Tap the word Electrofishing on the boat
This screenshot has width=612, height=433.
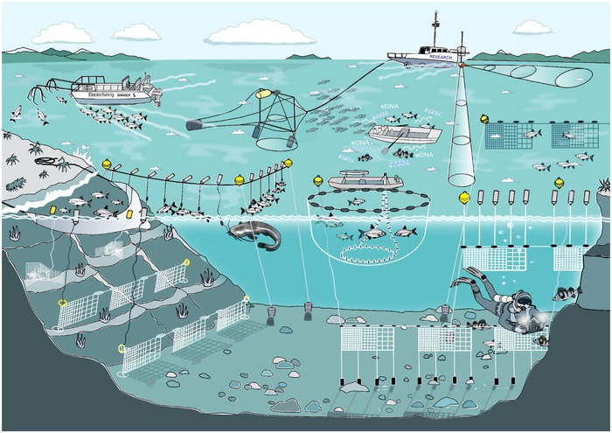[x=97, y=93]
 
